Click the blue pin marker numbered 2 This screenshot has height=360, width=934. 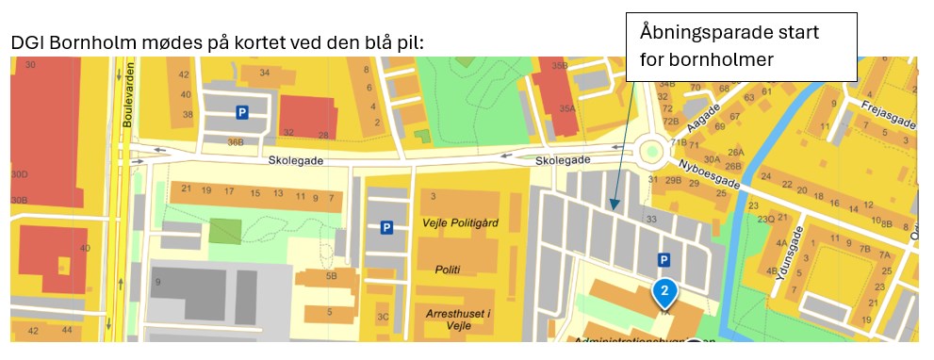tap(664, 293)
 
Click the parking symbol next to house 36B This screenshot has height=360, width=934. tap(242, 112)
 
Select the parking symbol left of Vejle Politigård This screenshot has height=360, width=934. tap(385, 227)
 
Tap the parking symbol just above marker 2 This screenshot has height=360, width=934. tap(664, 260)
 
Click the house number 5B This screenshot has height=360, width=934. tap(330, 276)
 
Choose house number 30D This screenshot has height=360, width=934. tap(19, 175)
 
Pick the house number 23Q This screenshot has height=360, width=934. tap(765, 220)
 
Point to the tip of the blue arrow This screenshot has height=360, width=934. tap(613, 207)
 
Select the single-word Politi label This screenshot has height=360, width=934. tap(448, 270)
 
